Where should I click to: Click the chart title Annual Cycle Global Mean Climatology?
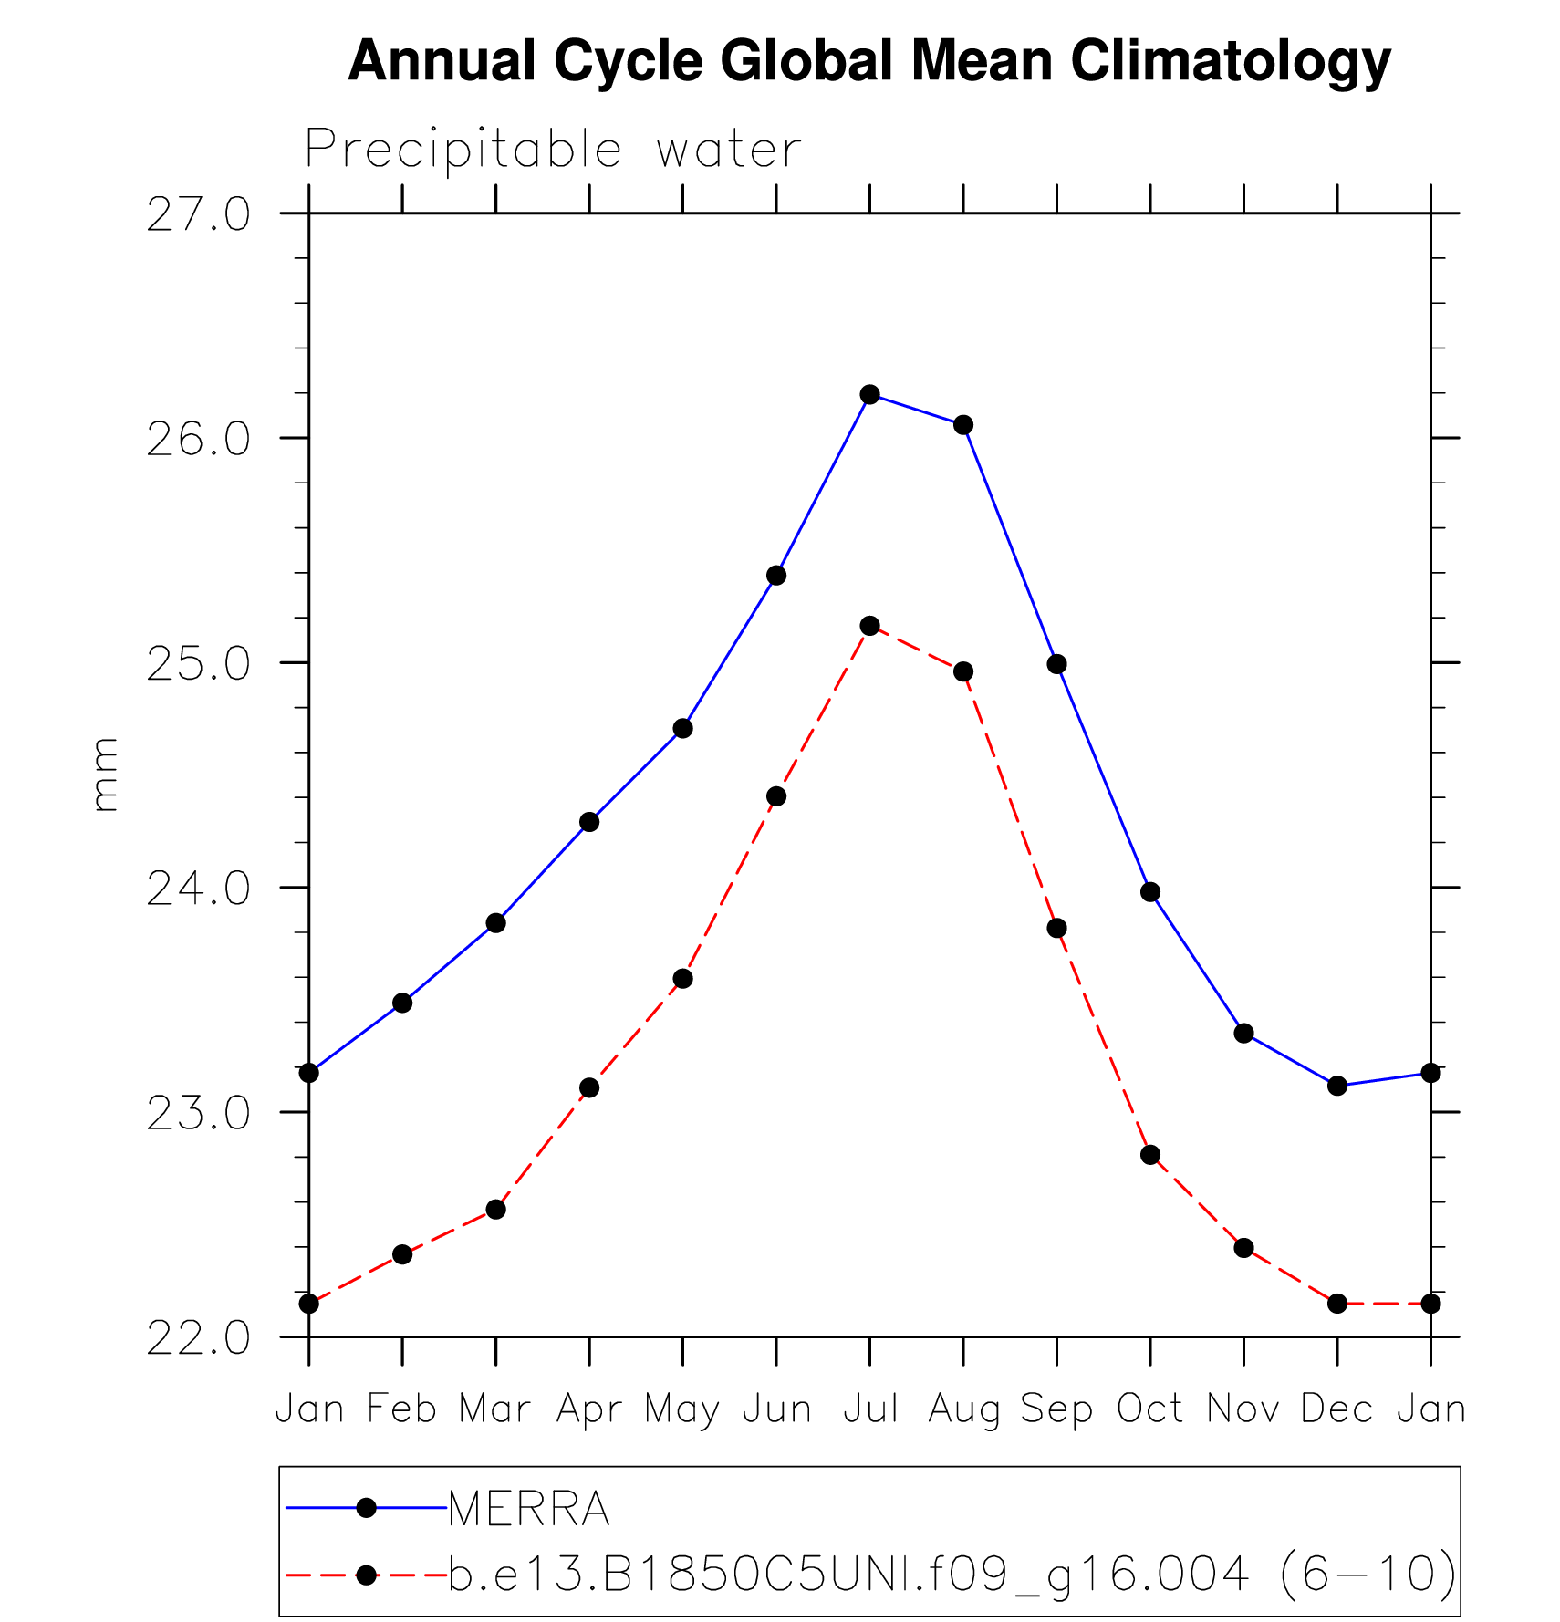[x=868, y=61]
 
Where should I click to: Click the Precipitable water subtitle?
[x=553, y=149]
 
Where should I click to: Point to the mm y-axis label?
[x=105, y=775]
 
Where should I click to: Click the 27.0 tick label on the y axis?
[x=198, y=215]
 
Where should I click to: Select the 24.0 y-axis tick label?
[x=198, y=889]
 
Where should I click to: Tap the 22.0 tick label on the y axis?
[x=198, y=1338]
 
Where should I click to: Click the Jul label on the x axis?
[x=870, y=1409]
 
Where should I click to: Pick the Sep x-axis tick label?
[x=1056, y=1409]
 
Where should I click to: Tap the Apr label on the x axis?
[x=589, y=1409]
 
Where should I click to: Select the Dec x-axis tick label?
[x=1336, y=1409]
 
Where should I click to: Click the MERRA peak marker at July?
[x=869, y=394]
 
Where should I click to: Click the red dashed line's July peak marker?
[x=869, y=626]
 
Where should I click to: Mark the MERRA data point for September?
[x=1056, y=664]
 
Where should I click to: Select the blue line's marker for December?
[x=1337, y=1086]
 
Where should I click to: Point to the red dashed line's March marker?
[x=495, y=1210]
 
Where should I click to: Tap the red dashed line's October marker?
[x=1150, y=1155]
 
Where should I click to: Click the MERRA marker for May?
[x=682, y=728]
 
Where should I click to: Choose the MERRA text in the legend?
[x=529, y=1509]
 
